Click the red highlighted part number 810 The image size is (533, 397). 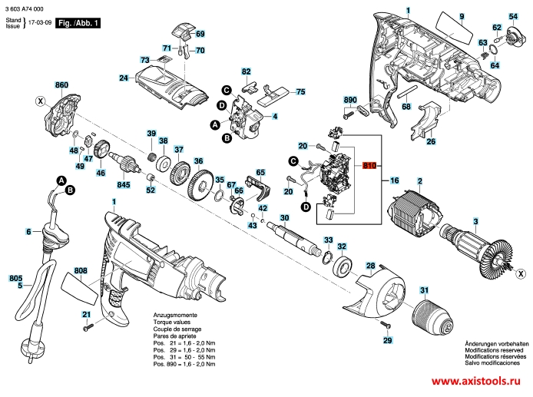(370, 167)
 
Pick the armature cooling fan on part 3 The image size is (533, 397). (502, 257)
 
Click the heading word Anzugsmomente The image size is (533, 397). (175, 316)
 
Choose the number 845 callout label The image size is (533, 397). (123, 184)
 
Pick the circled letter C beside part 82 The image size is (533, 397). (227, 90)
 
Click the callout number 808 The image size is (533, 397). (81, 270)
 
